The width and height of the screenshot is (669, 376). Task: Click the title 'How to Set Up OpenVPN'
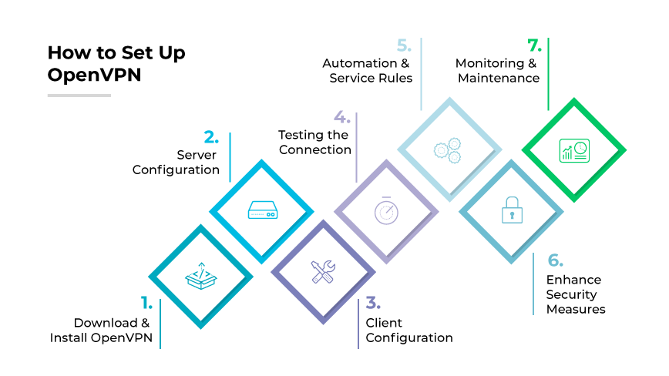(116, 64)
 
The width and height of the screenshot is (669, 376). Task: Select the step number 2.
(211, 138)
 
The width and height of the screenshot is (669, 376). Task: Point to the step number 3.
(372, 302)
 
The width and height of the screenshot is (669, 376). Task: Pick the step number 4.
(341, 118)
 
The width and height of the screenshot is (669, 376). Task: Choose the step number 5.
(405, 45)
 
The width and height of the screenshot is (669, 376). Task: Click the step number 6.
(555, 260)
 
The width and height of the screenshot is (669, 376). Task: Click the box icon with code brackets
(200, 275)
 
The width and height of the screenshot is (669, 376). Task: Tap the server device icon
(262, 209)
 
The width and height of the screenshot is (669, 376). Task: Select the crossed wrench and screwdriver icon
(323, 271)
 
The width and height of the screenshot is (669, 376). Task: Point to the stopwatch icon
(386, 210)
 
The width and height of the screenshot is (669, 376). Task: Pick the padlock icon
(510, 210)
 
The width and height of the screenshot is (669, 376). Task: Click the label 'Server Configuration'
(176, 162)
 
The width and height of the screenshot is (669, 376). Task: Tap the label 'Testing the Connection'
(314, 142)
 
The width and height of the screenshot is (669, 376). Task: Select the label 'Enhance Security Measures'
(575, 294)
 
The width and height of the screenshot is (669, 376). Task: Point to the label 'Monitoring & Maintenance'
(497, 70)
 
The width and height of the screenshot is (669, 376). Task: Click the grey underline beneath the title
(79, 96)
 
